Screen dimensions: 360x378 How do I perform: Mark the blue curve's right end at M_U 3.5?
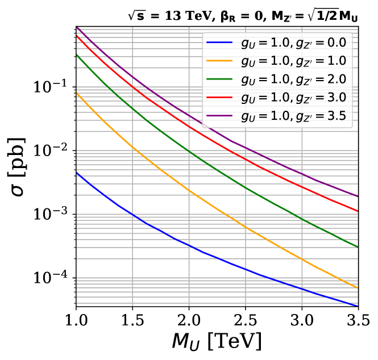(x=358, y=306)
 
